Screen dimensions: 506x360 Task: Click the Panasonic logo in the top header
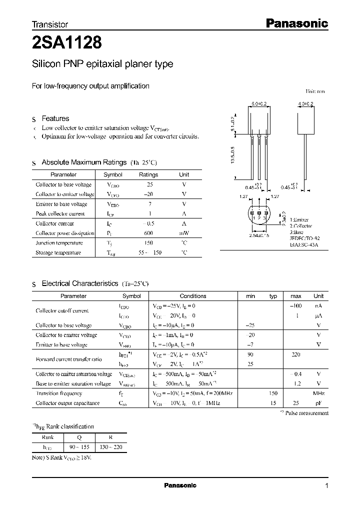(x=296, y=22)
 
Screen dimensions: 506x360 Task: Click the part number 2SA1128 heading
(x=67, y=42)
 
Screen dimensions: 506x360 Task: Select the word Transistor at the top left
(x=49, y=24)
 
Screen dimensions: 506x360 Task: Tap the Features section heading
(x=55, y=118)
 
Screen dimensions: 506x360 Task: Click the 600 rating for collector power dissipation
(x=148, y=233)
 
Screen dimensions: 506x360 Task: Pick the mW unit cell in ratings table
(x=184, y=233)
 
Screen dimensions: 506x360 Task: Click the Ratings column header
(x=148, y=174)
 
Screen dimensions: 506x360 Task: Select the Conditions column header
(x=192, y=296)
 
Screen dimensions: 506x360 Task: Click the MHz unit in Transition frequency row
(x=318, y=393)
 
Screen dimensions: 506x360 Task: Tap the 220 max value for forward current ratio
(x=295, y=354)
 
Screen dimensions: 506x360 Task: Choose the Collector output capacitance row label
(x=67, y=403)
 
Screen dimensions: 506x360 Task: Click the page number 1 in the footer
(x=326, y=485)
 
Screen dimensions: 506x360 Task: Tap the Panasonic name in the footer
(x=180, y=485)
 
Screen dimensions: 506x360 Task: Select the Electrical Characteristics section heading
(x=80, y=283)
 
